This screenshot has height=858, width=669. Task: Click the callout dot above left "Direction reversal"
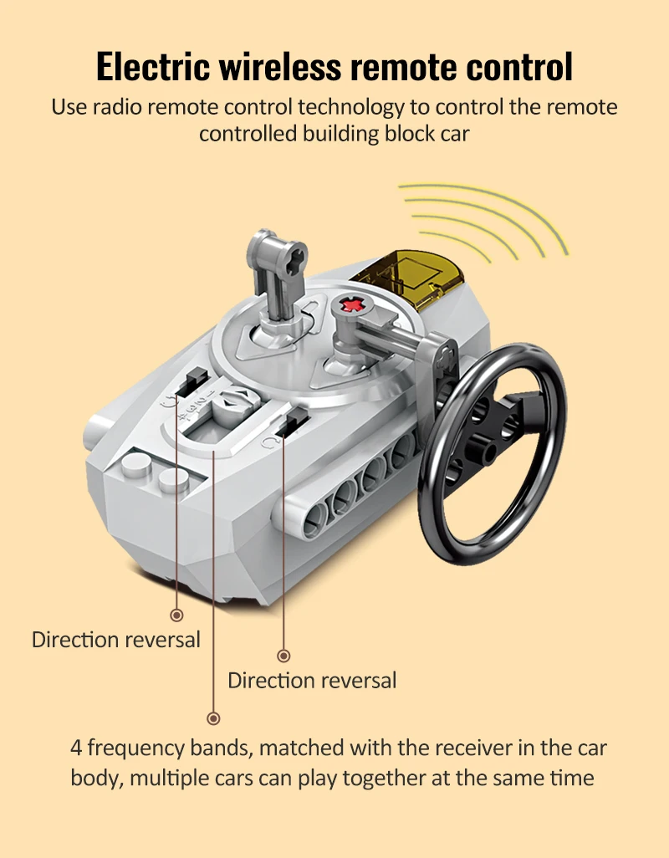176,615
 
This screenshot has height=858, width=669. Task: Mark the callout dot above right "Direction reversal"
283,656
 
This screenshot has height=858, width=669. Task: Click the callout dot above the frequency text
213,718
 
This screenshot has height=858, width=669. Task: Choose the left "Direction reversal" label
116,640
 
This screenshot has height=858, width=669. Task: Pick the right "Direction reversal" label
312,680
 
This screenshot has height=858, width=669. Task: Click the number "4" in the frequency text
76,747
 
